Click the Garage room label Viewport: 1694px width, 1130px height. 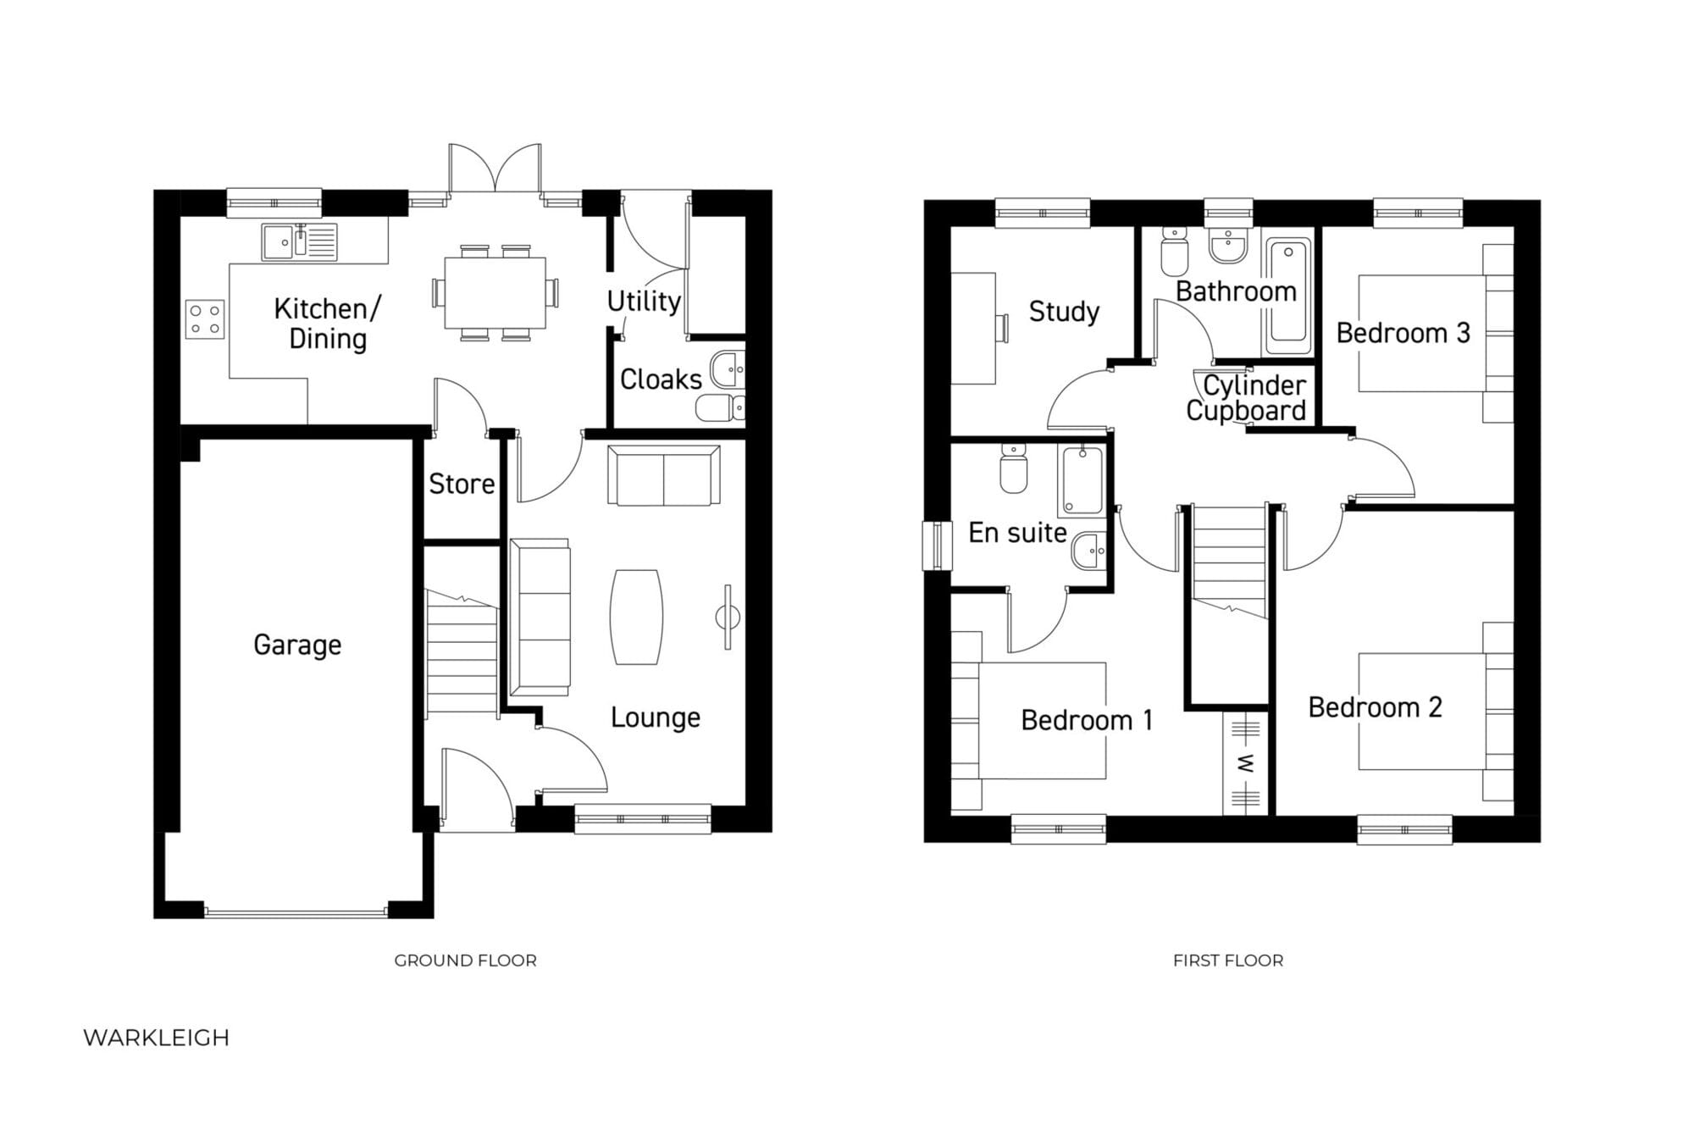coord(297,645)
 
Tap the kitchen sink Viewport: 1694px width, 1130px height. coord(299,241)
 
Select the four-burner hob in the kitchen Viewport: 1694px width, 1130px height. coord(205,319)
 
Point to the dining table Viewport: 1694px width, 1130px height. coord(495,292)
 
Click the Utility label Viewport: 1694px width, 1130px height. coord(644,301)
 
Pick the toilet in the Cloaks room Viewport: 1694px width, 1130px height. coord(720,407)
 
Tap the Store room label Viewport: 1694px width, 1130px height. coord(462,485)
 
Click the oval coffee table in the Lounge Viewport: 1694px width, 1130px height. coord(636,617)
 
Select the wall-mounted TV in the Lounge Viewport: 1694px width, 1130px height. coord(728,618)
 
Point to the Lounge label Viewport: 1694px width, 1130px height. coord(656,718)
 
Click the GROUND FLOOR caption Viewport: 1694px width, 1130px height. coord(465,961)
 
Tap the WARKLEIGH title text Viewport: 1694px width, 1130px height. coord(157,1038)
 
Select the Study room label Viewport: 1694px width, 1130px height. coord(1064,312)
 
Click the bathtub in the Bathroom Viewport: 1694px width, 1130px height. coord(1288,296)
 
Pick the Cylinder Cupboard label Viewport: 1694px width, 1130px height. coord(1247,398)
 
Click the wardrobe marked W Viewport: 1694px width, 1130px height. coord(1246,763)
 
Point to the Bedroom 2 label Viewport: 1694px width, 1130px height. coord(1375,707)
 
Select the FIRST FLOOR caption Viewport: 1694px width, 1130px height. coord(1228,961)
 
